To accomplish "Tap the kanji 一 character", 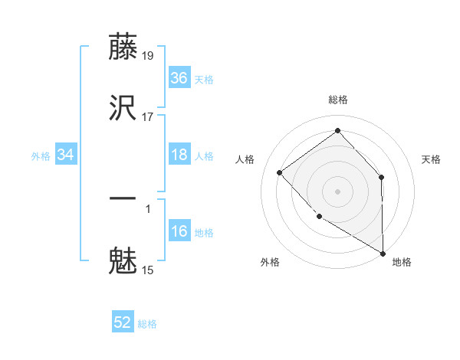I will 123,199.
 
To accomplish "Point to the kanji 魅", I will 123,260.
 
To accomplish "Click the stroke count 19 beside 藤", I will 148,56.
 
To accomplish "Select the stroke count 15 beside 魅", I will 148,270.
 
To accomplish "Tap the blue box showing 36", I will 179,78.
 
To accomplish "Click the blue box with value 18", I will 179,155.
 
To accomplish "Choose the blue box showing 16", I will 179,231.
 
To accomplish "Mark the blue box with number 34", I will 66,155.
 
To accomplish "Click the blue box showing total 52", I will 123,322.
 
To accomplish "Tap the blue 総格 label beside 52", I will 147,324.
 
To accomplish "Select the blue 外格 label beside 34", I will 41,156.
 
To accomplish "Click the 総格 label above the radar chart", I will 338,100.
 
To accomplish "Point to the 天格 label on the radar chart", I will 432,159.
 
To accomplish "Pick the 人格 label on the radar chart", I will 245,159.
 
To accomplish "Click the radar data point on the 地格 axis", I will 383,253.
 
